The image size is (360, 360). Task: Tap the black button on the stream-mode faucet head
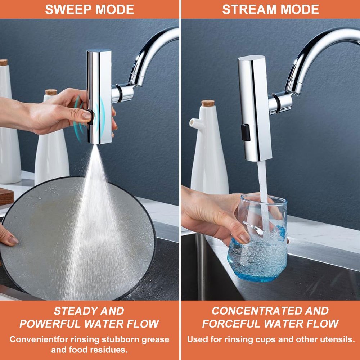pyautogui.click(x=246, y=132)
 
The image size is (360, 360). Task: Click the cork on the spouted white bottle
pyautogui.click(x=208, y=103)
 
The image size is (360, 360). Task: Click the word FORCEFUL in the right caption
pyautogui.click(x=231, y=324)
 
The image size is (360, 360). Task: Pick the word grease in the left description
pyautogui.click(x=155, y=340)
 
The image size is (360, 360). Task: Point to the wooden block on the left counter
pyautogui.click(x=6, y=197)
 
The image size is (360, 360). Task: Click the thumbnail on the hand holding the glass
pyautogui.click(x=244, y=238)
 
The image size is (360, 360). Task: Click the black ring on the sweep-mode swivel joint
pyautogui.click(x=119, y=93)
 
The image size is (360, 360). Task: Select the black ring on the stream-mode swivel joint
pyautogui.click(x=276, y=103)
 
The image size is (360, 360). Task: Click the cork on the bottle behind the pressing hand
pyautogui.click(x=51, y=92)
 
